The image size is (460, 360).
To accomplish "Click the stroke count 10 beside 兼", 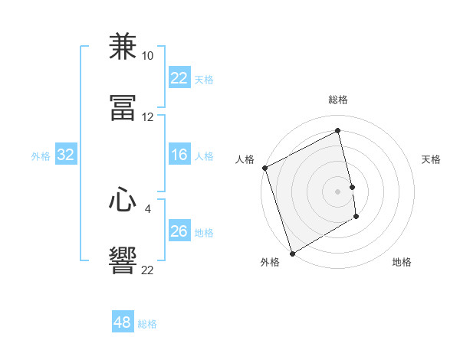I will [148, 56].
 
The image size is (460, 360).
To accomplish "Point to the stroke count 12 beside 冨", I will [148, 117].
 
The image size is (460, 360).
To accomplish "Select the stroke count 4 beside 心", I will [148, 208].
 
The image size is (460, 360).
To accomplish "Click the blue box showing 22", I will [179, 78].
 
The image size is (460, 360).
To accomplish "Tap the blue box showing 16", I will [179, 155].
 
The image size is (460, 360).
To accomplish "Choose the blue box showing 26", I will [179, 231].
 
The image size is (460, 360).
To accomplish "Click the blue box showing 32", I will [66, 155].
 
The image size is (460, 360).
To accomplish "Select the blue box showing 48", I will [123, 322].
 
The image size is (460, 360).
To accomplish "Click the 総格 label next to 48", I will [147, 324].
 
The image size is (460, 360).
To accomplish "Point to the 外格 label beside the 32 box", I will [41, 156].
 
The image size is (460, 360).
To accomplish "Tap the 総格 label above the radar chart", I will [338, 100].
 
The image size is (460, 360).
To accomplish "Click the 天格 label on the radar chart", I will [432, 159].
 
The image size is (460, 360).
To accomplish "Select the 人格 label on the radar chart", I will [245, 159].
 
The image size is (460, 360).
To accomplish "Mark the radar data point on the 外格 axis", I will [291, 253].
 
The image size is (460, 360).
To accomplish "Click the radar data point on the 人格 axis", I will [264, 168].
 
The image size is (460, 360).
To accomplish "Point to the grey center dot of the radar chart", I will [338, 191].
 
